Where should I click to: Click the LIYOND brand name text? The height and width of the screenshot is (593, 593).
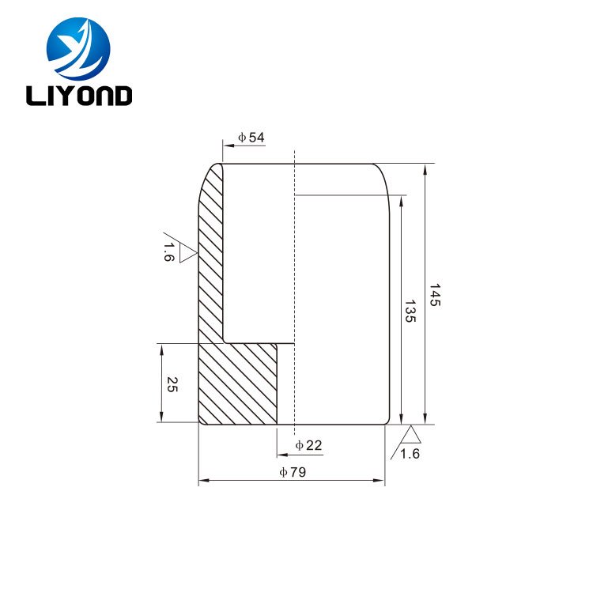79,96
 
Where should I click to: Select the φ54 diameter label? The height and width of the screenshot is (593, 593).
251,138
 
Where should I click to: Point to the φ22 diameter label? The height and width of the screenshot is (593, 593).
308,446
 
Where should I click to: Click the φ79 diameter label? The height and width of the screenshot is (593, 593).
293,472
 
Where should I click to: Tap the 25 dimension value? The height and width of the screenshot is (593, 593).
172,384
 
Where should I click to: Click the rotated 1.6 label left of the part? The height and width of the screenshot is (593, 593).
168,253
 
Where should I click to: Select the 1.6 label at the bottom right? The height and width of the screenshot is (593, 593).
410,453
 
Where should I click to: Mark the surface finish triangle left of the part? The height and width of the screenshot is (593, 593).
187,253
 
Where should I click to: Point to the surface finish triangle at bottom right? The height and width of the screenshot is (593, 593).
410,433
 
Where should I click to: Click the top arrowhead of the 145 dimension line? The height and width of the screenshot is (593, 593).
427,168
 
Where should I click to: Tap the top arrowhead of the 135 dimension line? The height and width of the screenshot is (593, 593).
402,201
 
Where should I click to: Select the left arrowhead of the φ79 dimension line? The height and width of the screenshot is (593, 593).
202,480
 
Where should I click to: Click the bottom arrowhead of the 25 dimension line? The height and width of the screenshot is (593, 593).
161,417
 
